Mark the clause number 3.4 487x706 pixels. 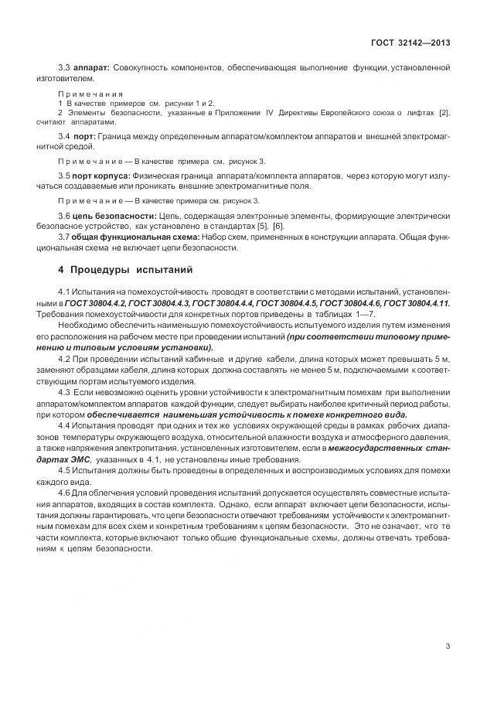point(64,135)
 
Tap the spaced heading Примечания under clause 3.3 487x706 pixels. point(90,93)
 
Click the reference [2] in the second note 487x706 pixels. point(443,113)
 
